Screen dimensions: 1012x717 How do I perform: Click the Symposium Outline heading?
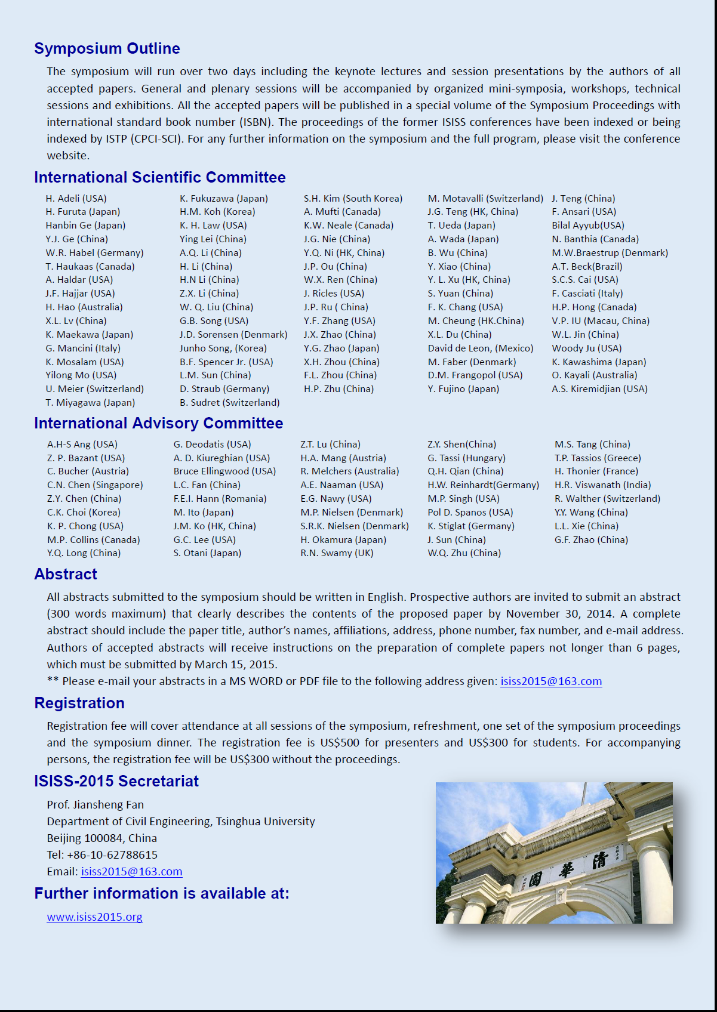point(107,48)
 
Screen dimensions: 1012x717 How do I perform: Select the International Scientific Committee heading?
point(159,177)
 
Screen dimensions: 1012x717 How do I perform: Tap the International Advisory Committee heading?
point(158,423)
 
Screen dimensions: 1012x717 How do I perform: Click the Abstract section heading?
point(66,574)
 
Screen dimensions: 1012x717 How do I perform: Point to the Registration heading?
point(79,703)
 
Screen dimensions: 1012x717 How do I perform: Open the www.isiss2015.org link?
point(94,917)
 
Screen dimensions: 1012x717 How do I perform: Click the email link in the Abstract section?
point(550,681)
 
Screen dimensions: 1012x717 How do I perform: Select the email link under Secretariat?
point(131,871)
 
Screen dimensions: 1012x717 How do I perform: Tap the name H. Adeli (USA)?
point(76,198)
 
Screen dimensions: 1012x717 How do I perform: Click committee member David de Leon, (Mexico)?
point(480,348)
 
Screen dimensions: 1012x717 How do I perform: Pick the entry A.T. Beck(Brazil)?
point(587,266)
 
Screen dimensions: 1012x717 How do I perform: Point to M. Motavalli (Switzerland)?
point(485,198)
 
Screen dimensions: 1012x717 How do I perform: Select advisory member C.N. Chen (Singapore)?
point(95,485)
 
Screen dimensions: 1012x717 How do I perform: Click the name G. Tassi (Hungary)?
point(466,458)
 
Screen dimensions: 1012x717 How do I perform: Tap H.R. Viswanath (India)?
point(602,485)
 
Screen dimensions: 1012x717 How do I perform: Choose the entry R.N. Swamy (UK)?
point(337,553)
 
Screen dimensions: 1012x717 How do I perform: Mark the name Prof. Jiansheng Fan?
point(95,804)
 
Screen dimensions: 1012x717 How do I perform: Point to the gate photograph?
point(554,853)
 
